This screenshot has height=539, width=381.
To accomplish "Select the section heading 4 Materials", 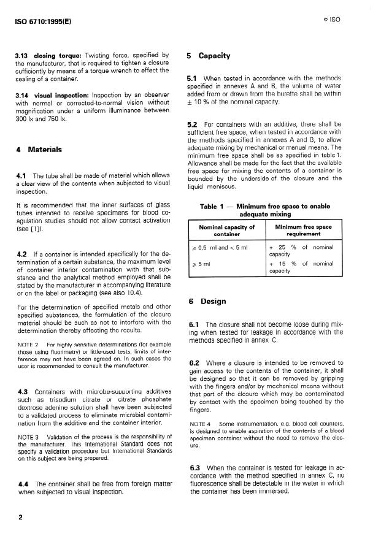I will pos(38,149).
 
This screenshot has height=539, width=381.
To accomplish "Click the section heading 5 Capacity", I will pos(209,56).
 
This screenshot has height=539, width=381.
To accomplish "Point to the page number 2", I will pos(20,517).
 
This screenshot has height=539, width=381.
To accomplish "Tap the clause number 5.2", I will pos(193,124).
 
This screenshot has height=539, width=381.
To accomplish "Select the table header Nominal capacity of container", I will pos(226,230).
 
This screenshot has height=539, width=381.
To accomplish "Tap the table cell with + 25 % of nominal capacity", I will pos(301,250).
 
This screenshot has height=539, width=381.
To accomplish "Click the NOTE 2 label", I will pos(28,345).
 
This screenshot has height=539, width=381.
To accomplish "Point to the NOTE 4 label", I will pos(201,423).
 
